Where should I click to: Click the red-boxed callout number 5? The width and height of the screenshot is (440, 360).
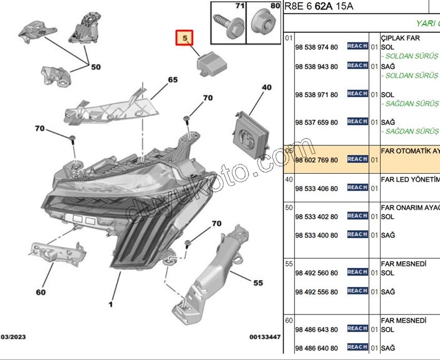pos(185,37)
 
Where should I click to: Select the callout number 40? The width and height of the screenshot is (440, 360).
pos(266,88)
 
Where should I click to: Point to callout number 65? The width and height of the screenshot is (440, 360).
pos(172,80)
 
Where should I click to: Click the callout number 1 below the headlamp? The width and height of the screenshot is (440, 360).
pos(110,304)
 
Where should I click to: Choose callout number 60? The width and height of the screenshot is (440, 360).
pos(40,292)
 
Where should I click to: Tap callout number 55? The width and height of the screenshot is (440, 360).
pos(258,283)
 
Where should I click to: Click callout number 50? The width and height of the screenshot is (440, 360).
pos(96,67)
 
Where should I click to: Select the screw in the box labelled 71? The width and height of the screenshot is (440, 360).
pos(227,25)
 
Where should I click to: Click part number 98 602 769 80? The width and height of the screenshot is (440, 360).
pos(316,160)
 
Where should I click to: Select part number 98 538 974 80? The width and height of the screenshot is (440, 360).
pos(316,48)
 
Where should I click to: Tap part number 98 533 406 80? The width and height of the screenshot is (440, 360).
pos(316,189)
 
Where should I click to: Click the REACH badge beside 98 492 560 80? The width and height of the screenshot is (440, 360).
pos(357,272)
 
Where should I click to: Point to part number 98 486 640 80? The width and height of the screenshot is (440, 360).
pos(316,348)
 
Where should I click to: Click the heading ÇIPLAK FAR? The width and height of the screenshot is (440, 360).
pos(400,38)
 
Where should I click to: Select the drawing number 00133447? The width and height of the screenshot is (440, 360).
pos(265,337)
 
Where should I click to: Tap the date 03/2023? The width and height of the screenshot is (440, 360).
pos(14,337)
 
